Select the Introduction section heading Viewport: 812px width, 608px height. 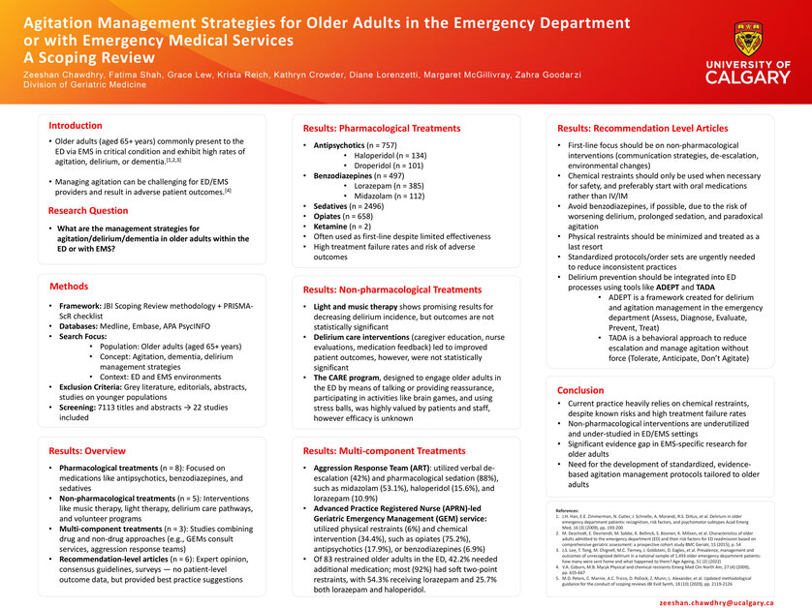75,126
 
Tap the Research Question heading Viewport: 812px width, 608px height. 87,210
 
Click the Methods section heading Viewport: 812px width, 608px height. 69,287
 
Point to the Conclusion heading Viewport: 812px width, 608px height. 585,390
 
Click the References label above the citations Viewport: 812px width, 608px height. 568,509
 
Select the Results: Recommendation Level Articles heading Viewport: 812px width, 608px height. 642,128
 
